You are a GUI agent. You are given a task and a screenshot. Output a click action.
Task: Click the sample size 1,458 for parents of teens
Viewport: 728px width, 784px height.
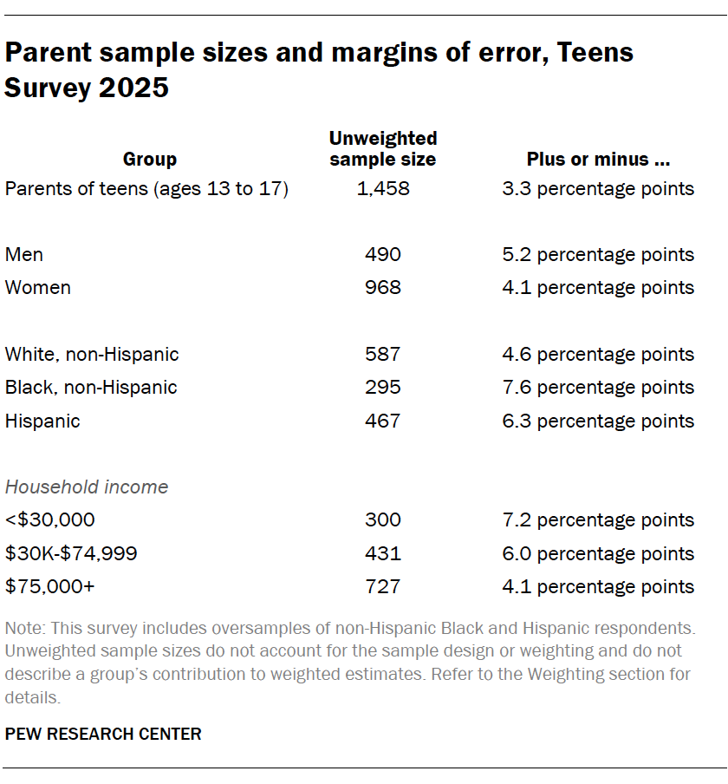pyautogui.click(x=382, y=188)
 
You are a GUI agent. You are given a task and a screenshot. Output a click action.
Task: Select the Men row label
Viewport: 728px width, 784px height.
pyautogui.click(x=24, y=254)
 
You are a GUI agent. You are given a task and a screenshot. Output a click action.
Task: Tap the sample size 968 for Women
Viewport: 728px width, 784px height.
pyautogui.click(x=382, y=287)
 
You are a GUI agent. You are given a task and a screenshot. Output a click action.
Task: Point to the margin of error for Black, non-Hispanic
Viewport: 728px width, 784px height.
pyautogui.click(x=598, y=388)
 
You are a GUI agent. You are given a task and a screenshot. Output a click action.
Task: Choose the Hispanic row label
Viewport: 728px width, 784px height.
pyautogui.click(x=42, y=421)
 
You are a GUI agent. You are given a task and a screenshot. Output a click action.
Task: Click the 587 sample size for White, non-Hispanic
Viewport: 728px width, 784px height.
pyautogui.click(x=382, y=354)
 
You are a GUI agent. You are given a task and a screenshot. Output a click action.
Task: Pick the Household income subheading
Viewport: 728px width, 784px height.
pyautogui.click(x=87, y=487)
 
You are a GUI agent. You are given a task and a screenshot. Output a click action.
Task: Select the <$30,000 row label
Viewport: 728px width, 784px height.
pyautogui.click(x=50, y=520)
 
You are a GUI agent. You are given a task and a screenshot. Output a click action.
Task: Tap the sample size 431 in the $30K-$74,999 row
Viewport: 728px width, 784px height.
pyautogui.click(x=382, y=553)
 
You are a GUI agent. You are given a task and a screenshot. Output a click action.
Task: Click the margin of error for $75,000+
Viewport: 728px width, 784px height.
pyautogui.click(x=598, y=587)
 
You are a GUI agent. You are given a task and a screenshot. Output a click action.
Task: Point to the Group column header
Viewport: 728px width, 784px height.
pyautogui.click(x=150, y=159)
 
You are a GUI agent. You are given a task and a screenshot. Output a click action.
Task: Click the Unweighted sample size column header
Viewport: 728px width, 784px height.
pyautogui.click(x=382, y=148)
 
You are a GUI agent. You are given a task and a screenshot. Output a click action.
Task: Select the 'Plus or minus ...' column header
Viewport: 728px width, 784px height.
pyautogui.click(x=598, y=159)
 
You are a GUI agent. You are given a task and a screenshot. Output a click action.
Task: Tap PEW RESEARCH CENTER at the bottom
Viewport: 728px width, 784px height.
pyautogui.click(x=103, y=734)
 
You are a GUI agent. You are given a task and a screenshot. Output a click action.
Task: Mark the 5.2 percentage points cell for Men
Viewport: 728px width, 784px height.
pyautogui.click(x=598, y=254)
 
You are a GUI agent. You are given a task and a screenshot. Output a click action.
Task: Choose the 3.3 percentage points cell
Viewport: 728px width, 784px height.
pyautogui.click(x=598, y=188)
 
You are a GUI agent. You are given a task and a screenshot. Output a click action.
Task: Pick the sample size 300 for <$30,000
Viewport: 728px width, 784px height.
pyautogui.click(x=382, y=520)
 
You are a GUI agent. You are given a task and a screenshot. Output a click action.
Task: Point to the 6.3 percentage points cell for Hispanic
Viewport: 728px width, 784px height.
pyautogui.click(x=598, y=421)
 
